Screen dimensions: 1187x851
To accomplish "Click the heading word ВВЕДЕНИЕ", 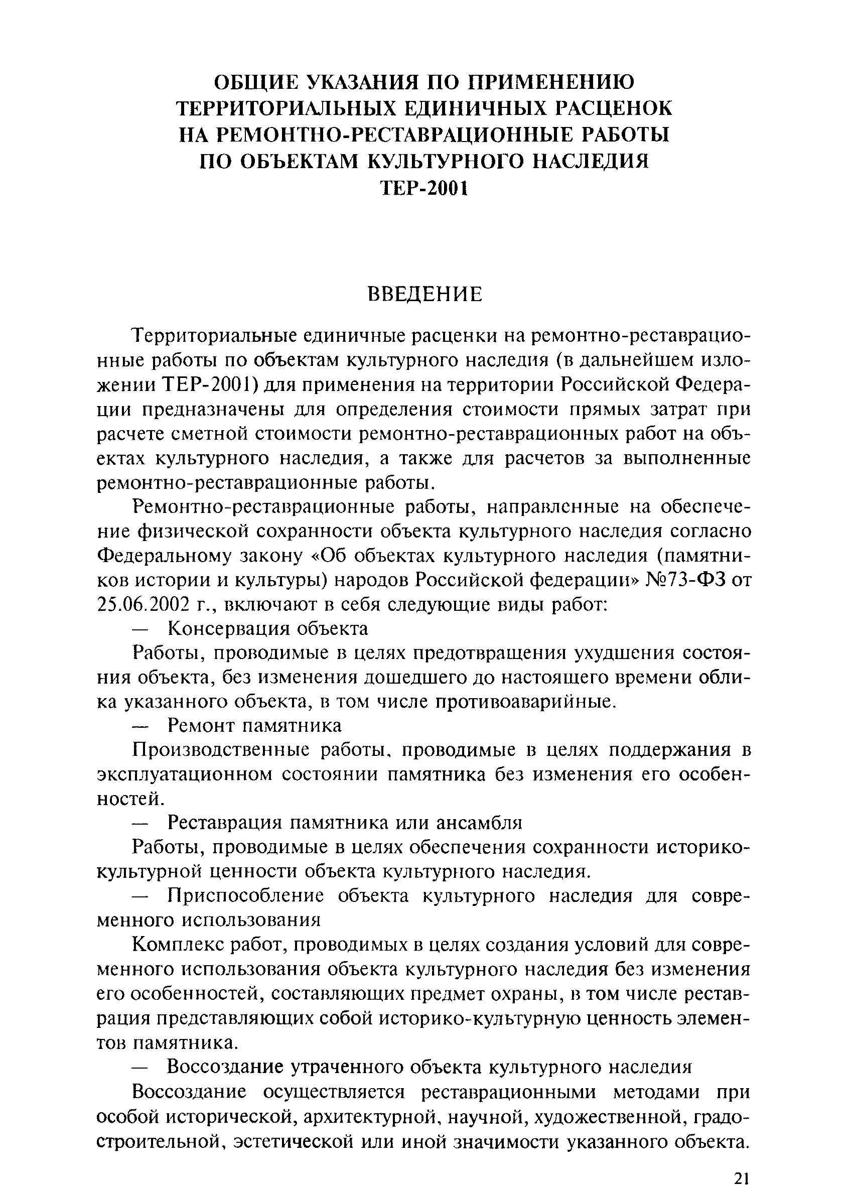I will click(424, 294).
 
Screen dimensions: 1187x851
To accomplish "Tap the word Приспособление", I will click(245, 896).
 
